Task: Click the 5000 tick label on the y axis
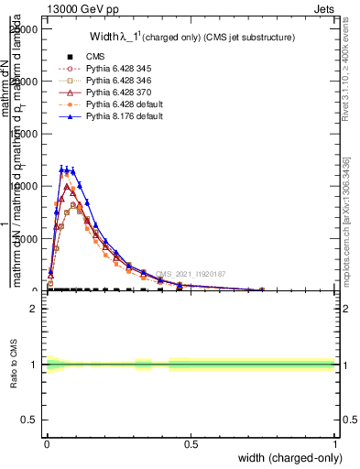pyautogui.click(x=27, y=238)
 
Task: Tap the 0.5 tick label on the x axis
pyautogui.click(x=191, y=444)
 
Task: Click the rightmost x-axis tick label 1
pyautogui.click(x=334, y=444)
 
